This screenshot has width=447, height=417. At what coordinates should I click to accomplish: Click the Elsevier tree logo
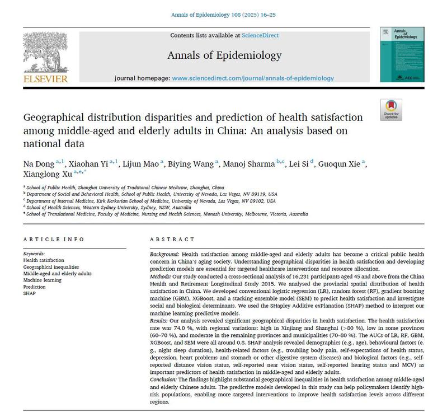click(45, 52)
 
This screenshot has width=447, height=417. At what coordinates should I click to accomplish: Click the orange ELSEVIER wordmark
click(45, 79)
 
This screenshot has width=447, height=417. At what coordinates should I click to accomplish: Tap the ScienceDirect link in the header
click(260, 36)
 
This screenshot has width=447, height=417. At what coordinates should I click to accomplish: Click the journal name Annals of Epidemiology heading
click(224, 55)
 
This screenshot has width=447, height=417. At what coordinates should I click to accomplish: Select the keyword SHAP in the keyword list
click(29, 293)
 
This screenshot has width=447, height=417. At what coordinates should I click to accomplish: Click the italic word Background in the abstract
click(166, 254)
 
